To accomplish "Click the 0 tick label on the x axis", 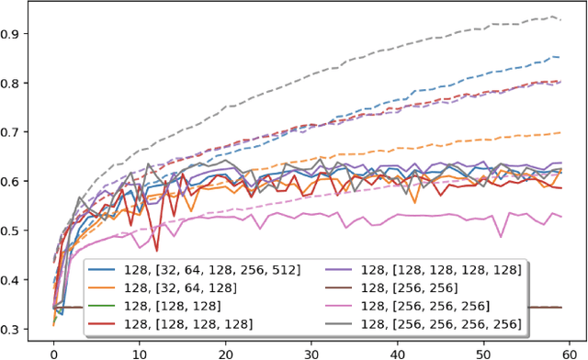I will (53, 350).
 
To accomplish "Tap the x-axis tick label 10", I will (139, 350).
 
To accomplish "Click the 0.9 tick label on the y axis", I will (16, 34).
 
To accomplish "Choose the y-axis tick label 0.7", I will (16, 132).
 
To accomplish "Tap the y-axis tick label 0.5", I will (16, 231).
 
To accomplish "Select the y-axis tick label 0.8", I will (16, 84).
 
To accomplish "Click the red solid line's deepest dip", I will (156, 251).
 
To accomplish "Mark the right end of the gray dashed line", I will (560, 19).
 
